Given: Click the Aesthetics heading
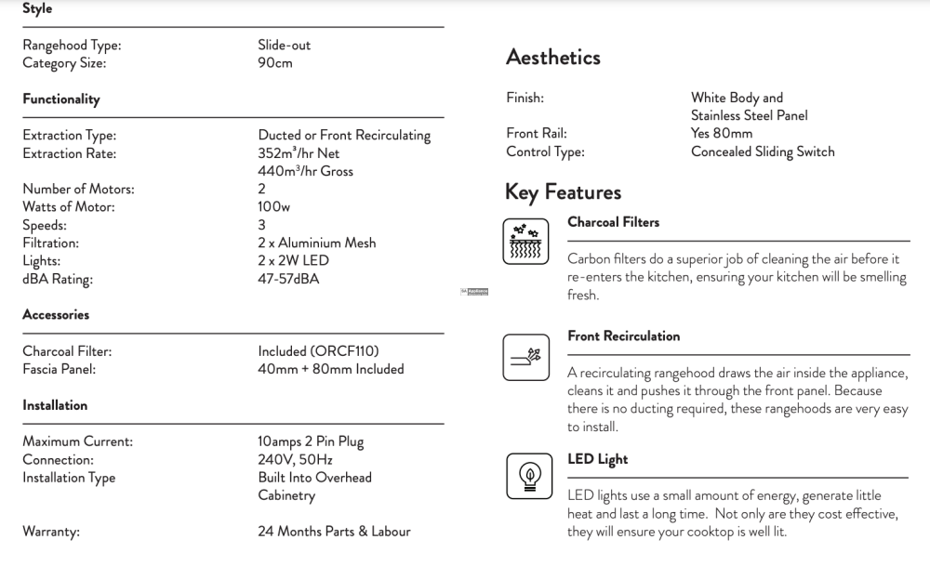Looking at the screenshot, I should [553, 58].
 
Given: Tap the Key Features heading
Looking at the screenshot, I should [563, 192].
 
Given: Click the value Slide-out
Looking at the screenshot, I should [285, 45].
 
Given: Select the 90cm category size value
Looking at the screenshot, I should [275, 63].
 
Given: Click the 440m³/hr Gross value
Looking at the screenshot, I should [305, 171].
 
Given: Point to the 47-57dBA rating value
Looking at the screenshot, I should [288, 279].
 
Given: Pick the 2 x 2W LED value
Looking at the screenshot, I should [293, 261].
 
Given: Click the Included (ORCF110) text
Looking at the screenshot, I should [318, 351].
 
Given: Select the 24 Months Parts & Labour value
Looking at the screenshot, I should [334, 532].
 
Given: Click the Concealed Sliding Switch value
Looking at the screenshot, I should [763, 151].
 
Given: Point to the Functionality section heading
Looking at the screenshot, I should [61, 99].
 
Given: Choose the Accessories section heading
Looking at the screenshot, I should [56, 315].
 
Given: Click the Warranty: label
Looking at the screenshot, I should [51, 532].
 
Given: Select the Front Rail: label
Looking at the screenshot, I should [537, 134].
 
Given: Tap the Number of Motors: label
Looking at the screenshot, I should [78, 189].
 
